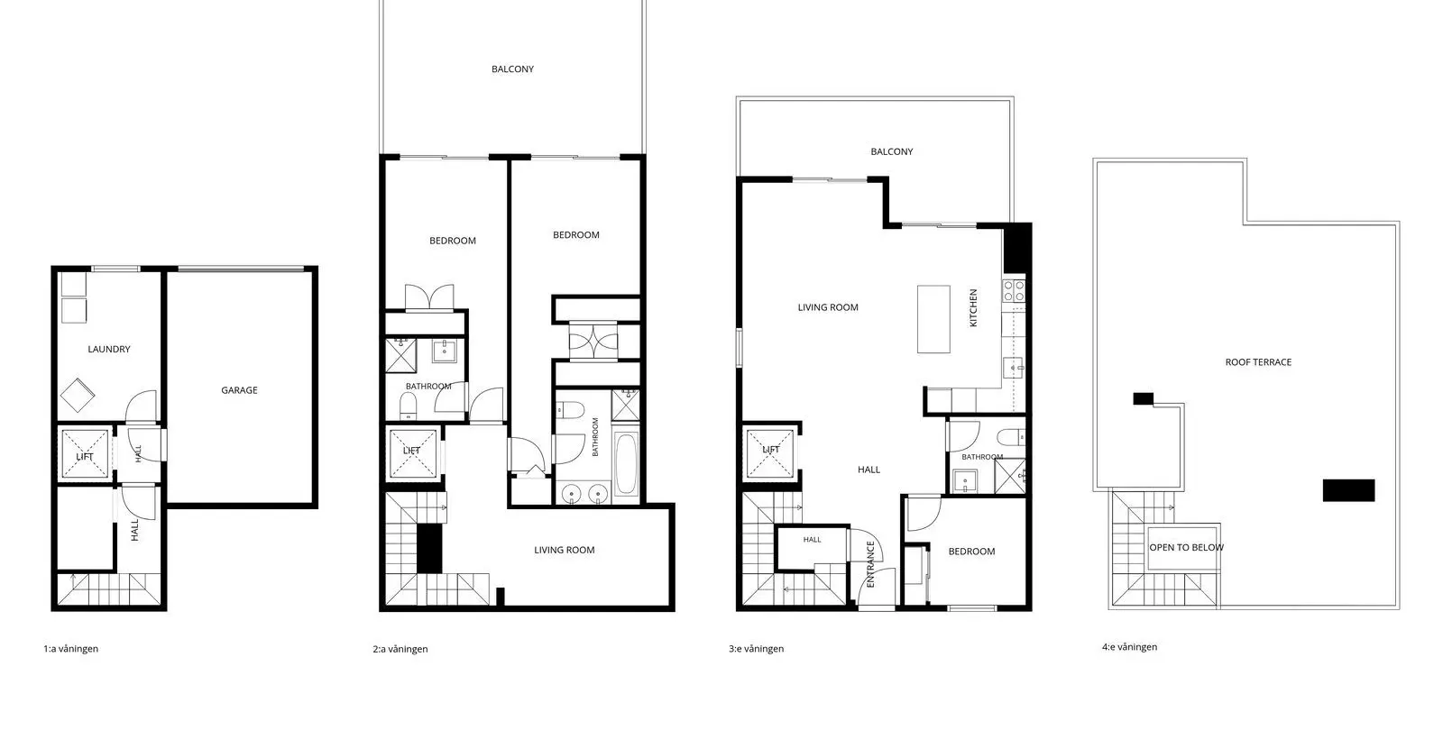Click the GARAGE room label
tap(239, 390)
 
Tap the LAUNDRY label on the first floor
tap(109, 349)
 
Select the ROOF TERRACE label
tap(1258, 362)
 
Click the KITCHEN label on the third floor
tap(973, 307)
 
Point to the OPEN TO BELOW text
tap(1186, 548)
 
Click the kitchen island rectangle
tap(933, 319)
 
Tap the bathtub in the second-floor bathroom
tap(626, 463)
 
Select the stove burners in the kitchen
tap(1014, 290)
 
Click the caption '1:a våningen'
tap(71, 649)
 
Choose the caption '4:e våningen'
tap(1129, 647)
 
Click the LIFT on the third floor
tap(770, 450)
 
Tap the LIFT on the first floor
tap(85, 456)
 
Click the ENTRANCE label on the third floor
tap(870, 564)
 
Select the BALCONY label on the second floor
tap(512, 68)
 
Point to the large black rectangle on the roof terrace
tap(1348, 490)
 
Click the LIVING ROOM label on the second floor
tap(564, 550)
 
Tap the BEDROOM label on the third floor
tap(971, 551)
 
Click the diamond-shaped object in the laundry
tap(78, 395)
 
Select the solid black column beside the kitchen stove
tap(1017, 249)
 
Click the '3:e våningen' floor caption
tap(757, 649)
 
